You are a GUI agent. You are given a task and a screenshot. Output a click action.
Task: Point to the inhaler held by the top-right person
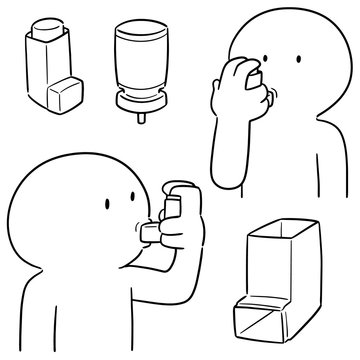(x=258, y=70)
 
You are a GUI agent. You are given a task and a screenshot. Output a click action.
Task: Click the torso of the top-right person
(x=290, y=150)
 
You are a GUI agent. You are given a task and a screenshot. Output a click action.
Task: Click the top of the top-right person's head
(x=290, y=18)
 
